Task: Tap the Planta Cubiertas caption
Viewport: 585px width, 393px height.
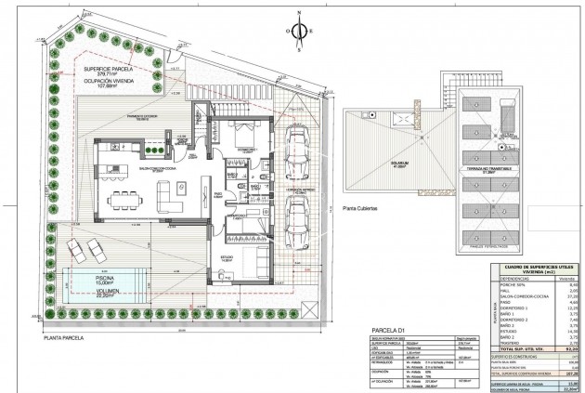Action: [x=359, y=210]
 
